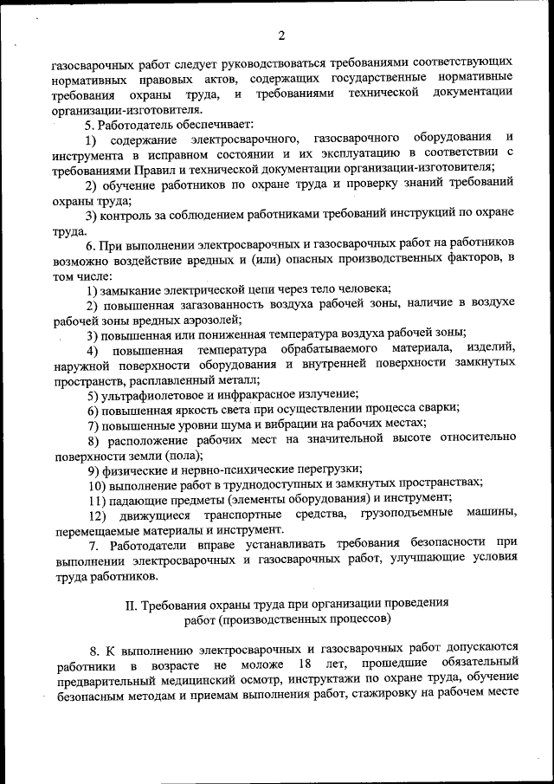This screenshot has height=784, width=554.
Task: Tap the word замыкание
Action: pos(134,288)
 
